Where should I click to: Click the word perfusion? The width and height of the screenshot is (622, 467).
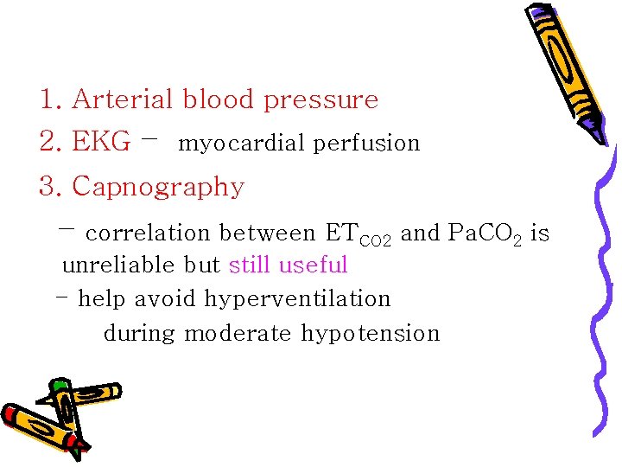(366, 144)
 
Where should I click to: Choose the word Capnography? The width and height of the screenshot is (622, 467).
(158, 187)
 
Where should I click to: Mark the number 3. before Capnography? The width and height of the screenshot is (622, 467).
(50, 186)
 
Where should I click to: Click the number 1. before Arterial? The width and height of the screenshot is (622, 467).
(50, 99)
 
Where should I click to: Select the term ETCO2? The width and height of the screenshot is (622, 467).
(358, 234)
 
